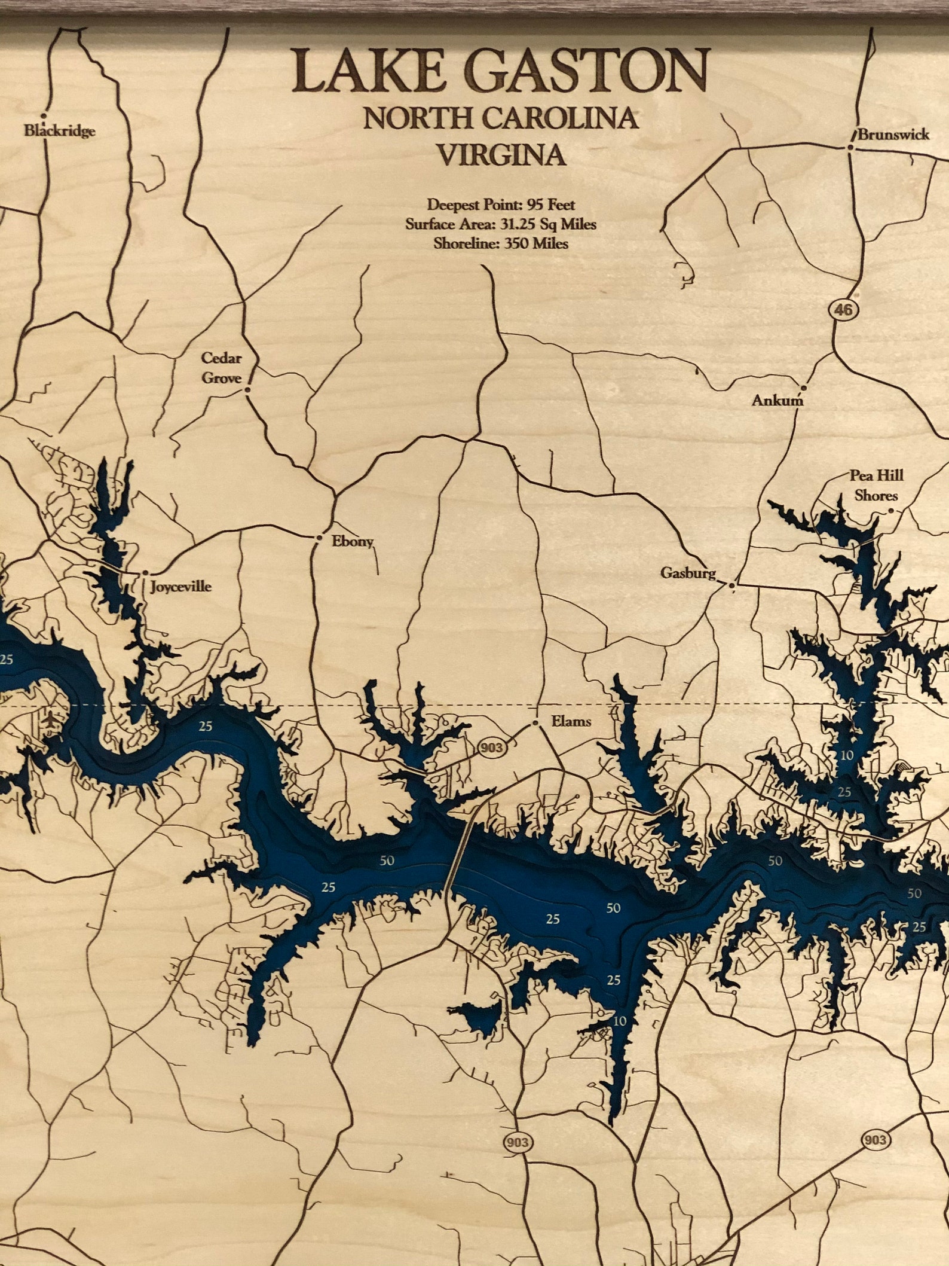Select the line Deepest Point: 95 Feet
(501, 205)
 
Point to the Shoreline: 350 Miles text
(501, 243)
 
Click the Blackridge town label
(59, 131)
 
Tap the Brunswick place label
(893, 135)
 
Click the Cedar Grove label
(221, 368)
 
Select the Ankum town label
(777, 401)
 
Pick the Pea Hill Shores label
(876, 485)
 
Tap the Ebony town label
(353, 542)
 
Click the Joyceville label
(180, 586)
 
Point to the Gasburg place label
(687, 573)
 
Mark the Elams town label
(571, 721)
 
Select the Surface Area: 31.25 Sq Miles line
(501, 224)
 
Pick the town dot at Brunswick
(851, 147)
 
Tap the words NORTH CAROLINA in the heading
(501, 118)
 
